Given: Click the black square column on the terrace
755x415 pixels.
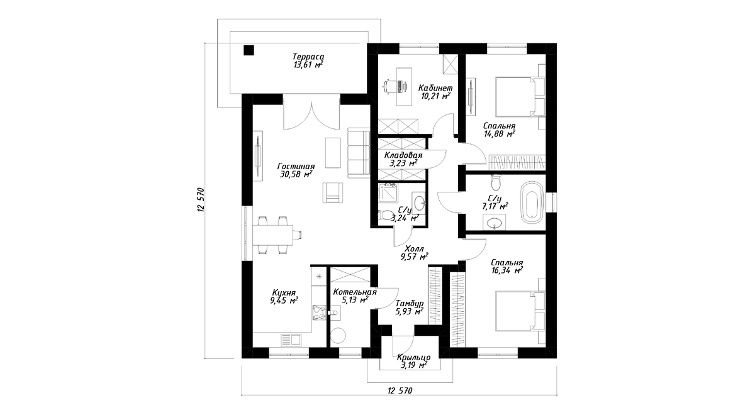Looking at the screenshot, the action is (249, 50).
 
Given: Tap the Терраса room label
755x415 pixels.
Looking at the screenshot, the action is (308, 57).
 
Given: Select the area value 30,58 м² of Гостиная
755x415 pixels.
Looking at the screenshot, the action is (296, 174).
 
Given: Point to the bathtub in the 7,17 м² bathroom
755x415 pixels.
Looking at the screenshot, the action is (532, 202).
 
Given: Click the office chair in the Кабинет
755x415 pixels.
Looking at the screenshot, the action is (389, 87).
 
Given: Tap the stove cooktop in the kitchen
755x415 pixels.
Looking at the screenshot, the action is (83, 313).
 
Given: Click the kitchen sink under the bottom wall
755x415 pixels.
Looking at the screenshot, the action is (55, 340).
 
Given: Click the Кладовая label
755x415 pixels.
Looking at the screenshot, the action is (403, 155).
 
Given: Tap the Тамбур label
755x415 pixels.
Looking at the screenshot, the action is (410, 304).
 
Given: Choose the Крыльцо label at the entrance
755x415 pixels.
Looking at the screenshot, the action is (413, 357).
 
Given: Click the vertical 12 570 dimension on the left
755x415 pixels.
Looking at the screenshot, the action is (201, 200).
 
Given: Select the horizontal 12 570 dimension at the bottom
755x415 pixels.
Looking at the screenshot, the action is (400, 390).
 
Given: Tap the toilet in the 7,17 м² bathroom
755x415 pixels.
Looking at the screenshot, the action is (496, 182).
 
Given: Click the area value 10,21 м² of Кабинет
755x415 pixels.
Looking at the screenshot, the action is (435, 96).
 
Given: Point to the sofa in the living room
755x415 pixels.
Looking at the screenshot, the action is (359, 153).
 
